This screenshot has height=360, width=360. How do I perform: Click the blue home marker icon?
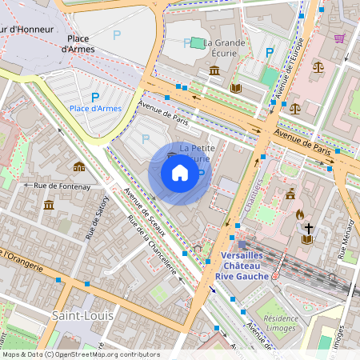click(180, 173)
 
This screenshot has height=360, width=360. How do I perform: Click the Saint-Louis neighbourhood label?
click(82, 315)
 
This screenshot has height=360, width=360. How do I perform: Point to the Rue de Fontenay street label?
click(61, 185)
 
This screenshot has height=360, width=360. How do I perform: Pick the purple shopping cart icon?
click(339, 38)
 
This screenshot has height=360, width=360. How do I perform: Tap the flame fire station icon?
click(300, 214)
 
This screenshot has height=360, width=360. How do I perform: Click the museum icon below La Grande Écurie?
click(214, 71)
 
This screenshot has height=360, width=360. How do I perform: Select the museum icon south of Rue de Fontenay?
click(49, 206)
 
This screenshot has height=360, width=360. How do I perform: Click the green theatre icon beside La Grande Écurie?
click(195, 42)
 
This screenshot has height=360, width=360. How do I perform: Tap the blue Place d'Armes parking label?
click(94, 109)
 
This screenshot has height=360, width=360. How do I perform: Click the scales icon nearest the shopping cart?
click(318, 67)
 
